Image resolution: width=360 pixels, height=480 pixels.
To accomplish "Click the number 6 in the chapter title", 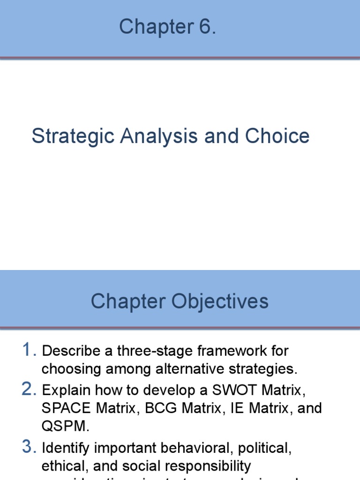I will click(205, 27).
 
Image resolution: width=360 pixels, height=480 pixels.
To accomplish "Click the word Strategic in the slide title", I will click(73, 136).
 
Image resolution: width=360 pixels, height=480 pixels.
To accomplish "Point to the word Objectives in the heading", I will click(220, 301).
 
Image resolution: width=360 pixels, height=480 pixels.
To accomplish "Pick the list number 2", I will click(29, 389).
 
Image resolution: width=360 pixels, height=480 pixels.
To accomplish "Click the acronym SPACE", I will click(67, 408).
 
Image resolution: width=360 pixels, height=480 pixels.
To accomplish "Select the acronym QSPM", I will click(65, 426).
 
